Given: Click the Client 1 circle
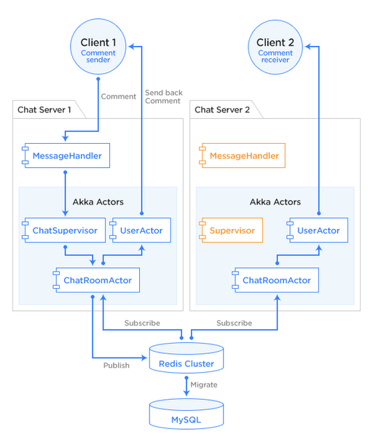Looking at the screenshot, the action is pyautogui.click(x=98, y=47).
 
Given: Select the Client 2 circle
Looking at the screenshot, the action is pyautogui.click(x=275, y=47).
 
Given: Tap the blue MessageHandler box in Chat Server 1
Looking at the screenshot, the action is pyautogui.click(x=66, y=155).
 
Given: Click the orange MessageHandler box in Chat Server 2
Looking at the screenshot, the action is pyautogui.click(x=242, y=155).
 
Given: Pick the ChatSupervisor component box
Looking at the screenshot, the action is pyautogui.click(x=64, y=231).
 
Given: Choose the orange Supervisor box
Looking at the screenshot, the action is pyautogui.click(x=231, y=231).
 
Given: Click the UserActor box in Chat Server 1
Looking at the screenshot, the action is pyautogui.click(x=141, y=231).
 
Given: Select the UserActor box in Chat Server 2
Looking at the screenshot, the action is pyautogui.click(x=318, y=231).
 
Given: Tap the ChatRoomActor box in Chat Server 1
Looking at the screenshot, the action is pyautogui.click(x=96, y=280).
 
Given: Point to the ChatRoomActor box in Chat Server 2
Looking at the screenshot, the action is pyautogui.click(x=275, y=280).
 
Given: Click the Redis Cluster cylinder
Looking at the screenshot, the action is pyautogui.click(x=186, y=358).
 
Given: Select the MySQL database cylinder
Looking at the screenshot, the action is pyautogui.click(x=186, y=414).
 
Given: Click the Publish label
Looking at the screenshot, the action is pyautogui.click(x=117, y=366).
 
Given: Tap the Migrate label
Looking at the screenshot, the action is pyautogui.click(x=204, y=385).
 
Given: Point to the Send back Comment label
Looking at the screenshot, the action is pyautogui.click(x=164, y=97).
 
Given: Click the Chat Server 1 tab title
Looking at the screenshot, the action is pyautogui.click(x=44, y=109).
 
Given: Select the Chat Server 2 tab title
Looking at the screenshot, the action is pyautogui.click(x=222, y=109).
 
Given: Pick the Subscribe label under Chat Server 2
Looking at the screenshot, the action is pyautogui.click(x=234, y=323).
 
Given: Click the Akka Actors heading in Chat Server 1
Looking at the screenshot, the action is pyautogui.click(x=98, y=202).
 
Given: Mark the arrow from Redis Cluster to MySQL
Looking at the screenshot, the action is pyautogui.click(x=186, y=386).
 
